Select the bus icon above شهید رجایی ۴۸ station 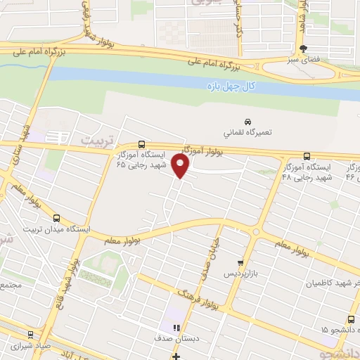pyautogui.click(x=306, y=156)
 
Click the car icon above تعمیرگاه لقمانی pyautogui.click(x=247, y=121)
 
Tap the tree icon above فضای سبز pyautogui.click(x=303, y=49)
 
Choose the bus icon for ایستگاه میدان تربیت pyautogui.click(x=57, y=218)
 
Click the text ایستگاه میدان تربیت pyautogui.click(x=57, y=229)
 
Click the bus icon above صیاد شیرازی pyautogui.click(x=30, y=335)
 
